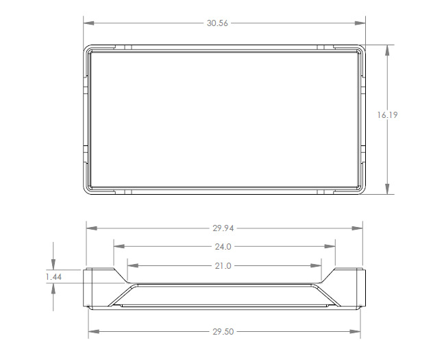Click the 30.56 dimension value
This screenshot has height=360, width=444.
point(217,23)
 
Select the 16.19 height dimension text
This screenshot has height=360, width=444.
point(387,115)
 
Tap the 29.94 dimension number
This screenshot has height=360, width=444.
point(223,228)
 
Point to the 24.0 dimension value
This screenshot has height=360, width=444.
point(223,247)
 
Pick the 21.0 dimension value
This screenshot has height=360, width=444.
point(223,265)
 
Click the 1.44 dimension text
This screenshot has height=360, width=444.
point(53,276)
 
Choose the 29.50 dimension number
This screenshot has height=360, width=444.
point(223,332)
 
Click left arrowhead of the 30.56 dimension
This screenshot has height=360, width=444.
point(87,23)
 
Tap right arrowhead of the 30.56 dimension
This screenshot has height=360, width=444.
point(362,23)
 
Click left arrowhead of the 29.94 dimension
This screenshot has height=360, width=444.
point(90,228)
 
